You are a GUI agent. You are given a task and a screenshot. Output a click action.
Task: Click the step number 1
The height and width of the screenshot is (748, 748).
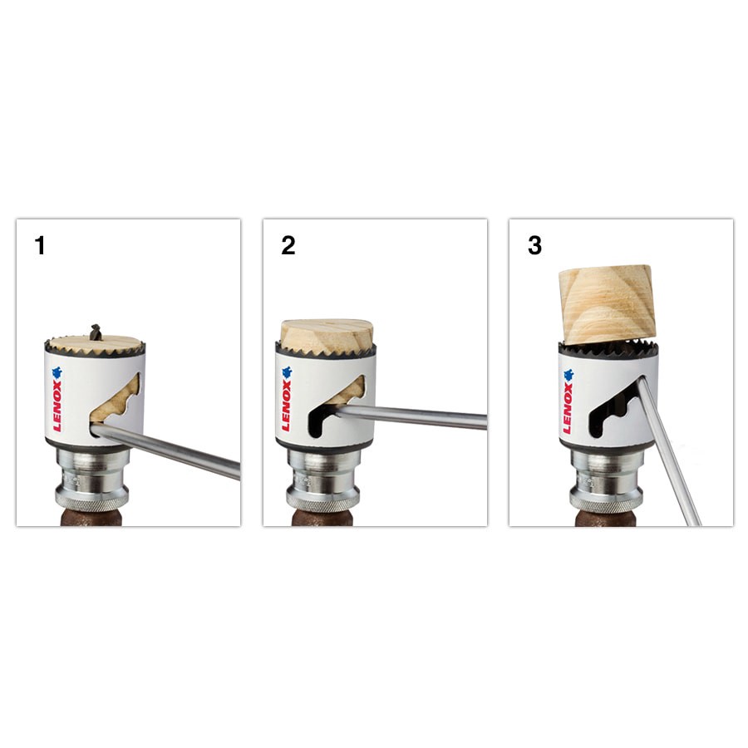pos(40,246)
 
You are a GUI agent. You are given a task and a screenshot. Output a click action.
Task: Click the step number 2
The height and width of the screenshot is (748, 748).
pos(288,246)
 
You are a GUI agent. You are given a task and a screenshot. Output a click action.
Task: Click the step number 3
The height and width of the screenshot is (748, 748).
pos(534,246)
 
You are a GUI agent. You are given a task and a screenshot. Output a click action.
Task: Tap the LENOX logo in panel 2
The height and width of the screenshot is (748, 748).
pos(287,406)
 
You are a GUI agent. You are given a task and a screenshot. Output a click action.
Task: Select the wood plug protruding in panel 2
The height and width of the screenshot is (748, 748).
pos(327,333)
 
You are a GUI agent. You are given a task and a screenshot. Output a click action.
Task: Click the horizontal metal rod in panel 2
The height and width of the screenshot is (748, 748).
pos(416,416)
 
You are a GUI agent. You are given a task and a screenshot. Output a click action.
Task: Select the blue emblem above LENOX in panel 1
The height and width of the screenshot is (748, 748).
pos(57,373)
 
